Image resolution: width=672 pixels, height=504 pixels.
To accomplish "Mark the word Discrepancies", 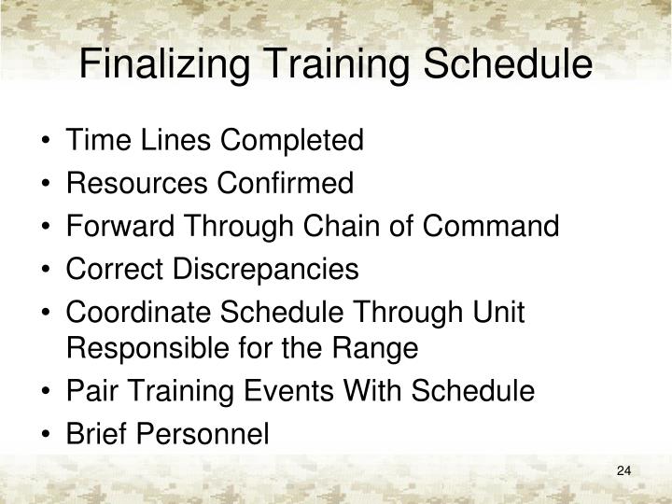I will pos(265,270).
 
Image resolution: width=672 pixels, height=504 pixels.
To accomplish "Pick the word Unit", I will pos(503,313).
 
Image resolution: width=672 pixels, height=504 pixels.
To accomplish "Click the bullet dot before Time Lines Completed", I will pos(47,142).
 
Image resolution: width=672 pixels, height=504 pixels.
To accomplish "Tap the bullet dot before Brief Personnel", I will pos(47,435).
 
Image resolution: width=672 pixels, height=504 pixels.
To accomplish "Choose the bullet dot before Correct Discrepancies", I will pos(47,271).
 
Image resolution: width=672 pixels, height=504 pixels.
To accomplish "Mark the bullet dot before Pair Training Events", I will pos(47,392).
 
